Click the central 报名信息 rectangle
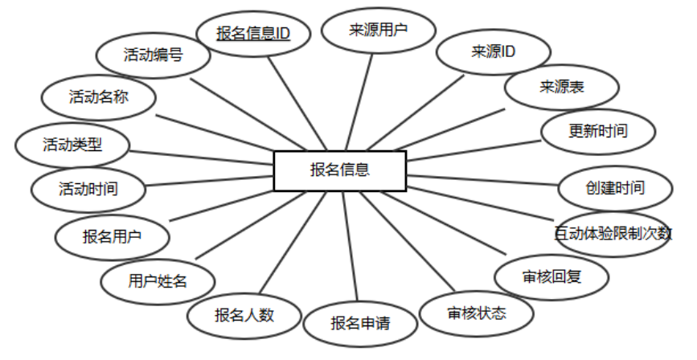(x=339, y=170)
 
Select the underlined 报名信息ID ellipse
(x=252, y=34)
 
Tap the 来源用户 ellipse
(x=378, y=31)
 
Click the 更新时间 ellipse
(x=597, y=130)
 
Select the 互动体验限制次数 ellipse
(x=613, y=234)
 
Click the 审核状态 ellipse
(x=478, y=313)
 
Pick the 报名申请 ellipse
(x=360, y=324)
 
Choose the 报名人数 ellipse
(x=244, y=314)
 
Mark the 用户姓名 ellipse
(x=158, y=281)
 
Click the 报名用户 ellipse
(x=112, y=237)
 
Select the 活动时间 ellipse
(x=88, y=190)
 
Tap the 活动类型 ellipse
(x=72, y=145)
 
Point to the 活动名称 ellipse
(x=99, y=97)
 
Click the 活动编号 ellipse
(x=153, y=55)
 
